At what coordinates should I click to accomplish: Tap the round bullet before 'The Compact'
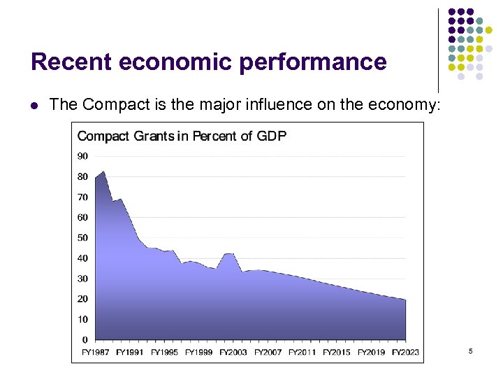pos(34,106)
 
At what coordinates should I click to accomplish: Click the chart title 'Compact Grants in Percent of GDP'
pos(182,136)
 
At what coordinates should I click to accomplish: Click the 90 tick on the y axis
pos(82,156)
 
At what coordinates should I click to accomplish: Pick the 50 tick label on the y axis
pos(82,238)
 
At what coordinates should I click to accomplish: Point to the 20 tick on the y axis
pos(82,299)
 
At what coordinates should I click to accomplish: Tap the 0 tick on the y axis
pos(85,340)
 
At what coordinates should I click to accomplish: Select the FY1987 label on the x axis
pos(95,352)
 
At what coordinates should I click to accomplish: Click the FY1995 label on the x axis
pos(164,352)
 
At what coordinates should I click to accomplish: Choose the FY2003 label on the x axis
pos(233,352)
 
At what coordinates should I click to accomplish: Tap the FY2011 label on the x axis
pos(302,352)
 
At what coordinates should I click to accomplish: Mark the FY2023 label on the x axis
pos(405,352)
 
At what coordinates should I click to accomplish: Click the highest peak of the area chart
pos(103,171)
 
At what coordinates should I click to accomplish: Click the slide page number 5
pos(471,350)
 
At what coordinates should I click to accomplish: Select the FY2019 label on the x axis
pos(371,352)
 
